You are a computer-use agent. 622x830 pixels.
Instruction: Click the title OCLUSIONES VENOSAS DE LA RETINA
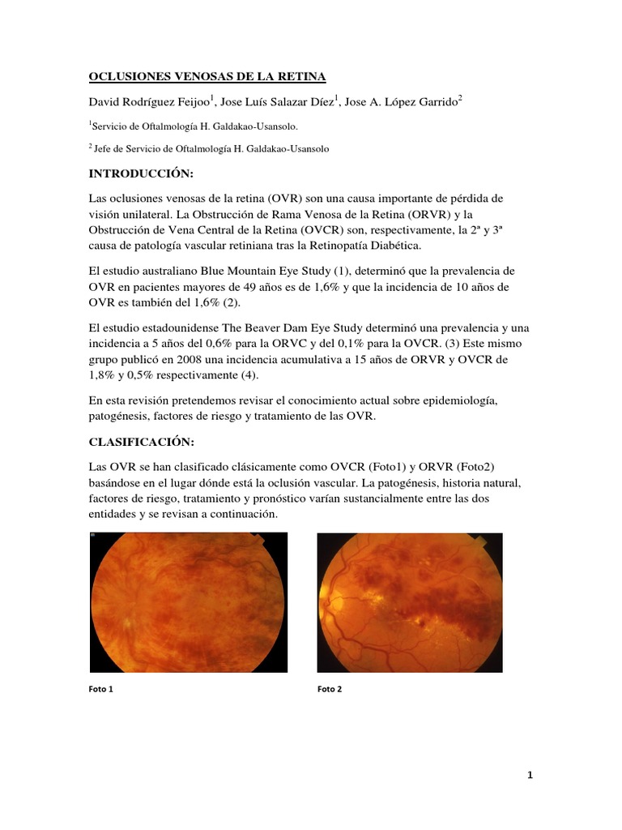[207, 77]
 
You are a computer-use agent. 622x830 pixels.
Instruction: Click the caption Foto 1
[100, 690]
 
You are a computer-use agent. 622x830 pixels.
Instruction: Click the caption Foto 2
[330, 690]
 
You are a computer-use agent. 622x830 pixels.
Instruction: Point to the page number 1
[530, 776]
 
